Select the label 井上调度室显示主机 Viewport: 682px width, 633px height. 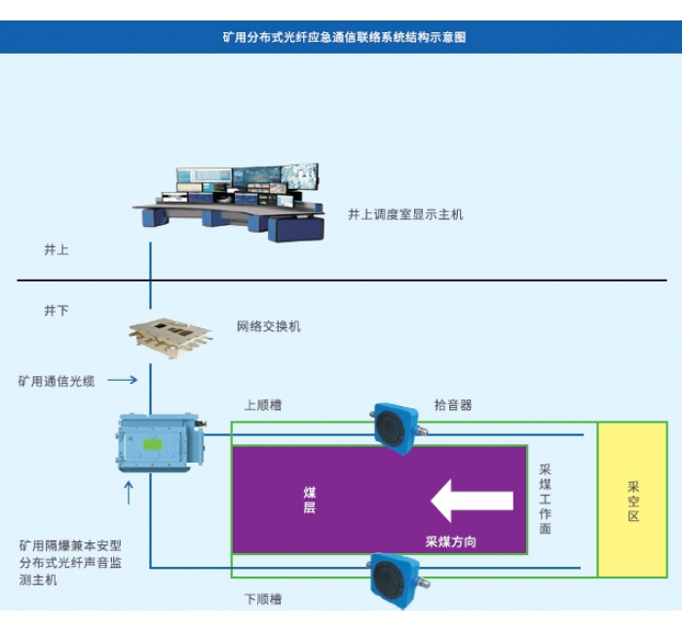point(405,214)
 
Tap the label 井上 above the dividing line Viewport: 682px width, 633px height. point(57,250)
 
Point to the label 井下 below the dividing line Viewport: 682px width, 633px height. point(57,311)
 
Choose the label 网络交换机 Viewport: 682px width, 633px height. point(269,326)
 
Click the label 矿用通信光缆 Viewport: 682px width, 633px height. point(57,381)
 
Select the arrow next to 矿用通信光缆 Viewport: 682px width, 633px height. point(122,380)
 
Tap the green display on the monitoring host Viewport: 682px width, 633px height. point(154,445)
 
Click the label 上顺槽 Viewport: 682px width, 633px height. point(263,405)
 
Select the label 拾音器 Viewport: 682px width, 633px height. point(453,405)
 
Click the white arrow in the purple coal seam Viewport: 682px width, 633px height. point(473,501)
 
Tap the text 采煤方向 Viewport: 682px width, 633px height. point(451,540)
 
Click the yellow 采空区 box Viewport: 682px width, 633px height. point(632,500)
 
